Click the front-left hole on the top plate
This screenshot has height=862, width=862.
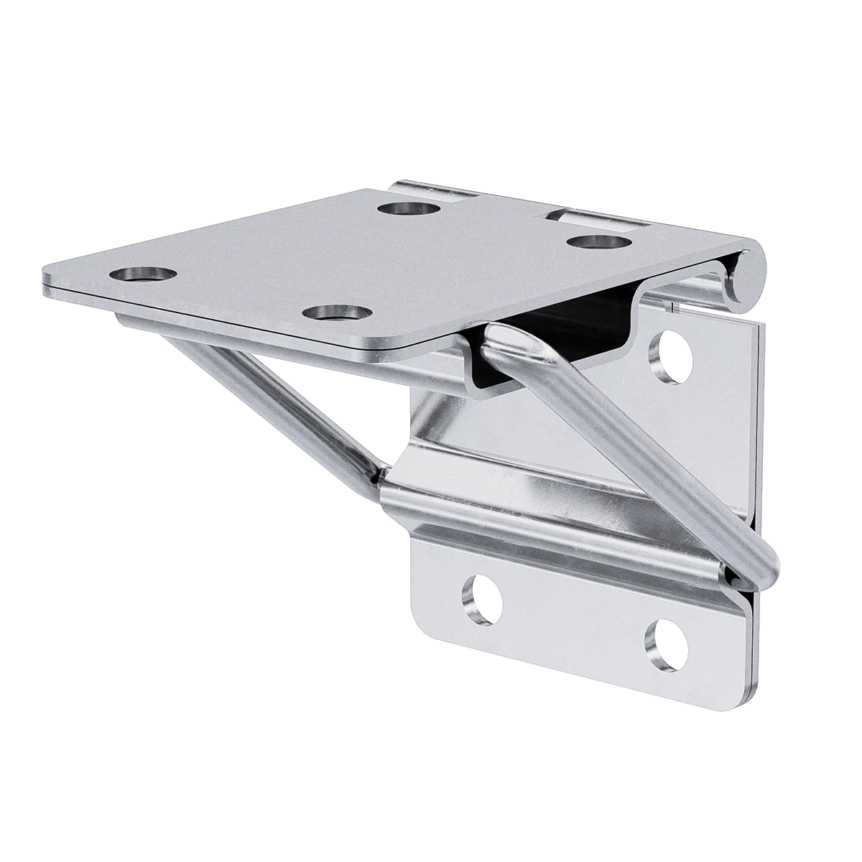point(144,274)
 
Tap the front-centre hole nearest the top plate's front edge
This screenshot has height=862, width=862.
point(336,313)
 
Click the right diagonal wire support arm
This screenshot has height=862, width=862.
point(632,445)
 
